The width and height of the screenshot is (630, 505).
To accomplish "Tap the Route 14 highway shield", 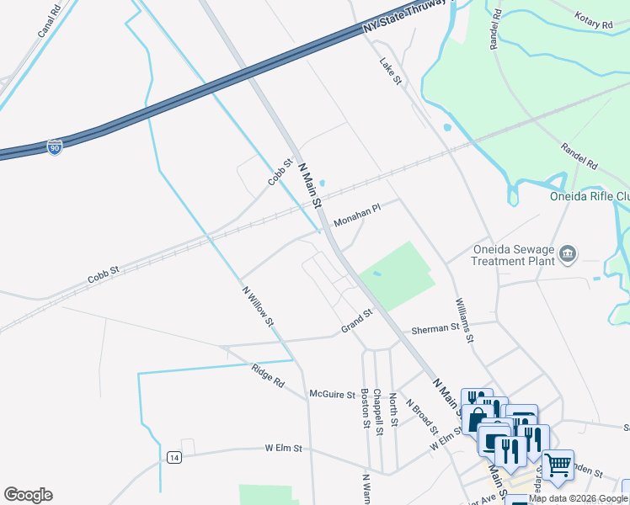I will [x=174, y=457].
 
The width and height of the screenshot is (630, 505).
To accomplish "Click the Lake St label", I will [x=392, y=71].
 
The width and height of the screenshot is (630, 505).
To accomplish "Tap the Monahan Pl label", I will [x=357, y=216].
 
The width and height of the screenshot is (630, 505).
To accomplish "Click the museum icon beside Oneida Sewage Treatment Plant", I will [x=569, y=253].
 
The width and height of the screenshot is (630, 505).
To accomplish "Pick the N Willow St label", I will [x=259, y=306].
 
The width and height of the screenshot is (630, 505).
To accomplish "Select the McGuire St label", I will [x=333, y=394].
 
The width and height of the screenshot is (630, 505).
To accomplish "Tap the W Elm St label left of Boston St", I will [x=283, y=449].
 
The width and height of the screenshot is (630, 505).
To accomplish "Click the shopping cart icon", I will [x=558, y=464].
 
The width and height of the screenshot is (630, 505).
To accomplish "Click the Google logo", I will [x=28, y=495].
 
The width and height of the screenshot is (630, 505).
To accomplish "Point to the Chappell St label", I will [x=379, y=412].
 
